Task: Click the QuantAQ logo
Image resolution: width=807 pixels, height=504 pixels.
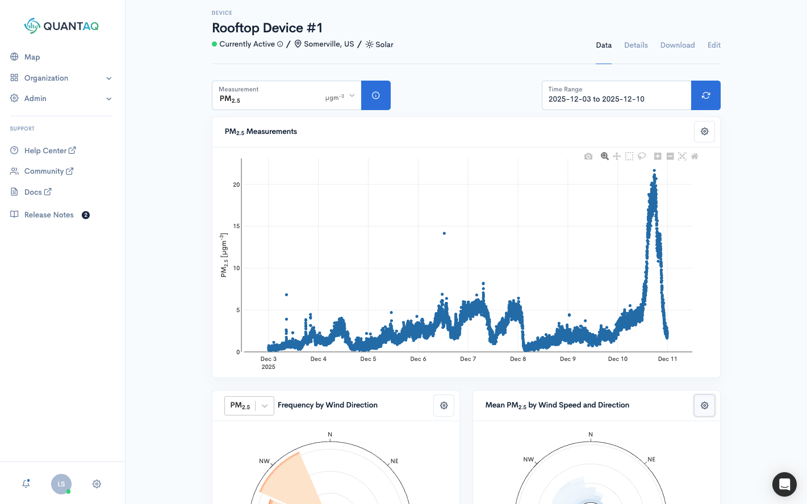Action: tap(61, 26)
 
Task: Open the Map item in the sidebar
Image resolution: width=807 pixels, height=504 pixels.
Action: tap(32, 57)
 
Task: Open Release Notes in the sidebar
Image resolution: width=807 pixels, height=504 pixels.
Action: tap(49, 215)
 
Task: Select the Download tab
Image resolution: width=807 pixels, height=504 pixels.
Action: tap(677, 45)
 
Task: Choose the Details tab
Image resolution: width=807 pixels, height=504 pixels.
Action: tap(635, 45)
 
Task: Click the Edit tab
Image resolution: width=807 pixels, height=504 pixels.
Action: tap(714, 45)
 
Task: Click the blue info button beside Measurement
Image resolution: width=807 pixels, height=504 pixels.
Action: tap(375, 95)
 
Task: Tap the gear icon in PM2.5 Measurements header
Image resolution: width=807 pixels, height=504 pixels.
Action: tap(704, 131)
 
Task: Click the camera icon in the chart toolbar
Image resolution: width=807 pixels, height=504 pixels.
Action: tap(588, 156)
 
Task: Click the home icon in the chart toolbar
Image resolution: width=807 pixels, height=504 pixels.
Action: tap(695, 156)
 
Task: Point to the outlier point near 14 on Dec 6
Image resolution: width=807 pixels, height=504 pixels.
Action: tap(444, 233)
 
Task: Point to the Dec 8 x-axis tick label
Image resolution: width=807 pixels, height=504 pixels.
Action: tap(518, 359)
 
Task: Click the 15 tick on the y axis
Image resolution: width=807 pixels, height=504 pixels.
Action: tap(236, 226)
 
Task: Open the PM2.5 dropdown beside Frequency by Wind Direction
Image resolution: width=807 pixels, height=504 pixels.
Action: tap(249, 405)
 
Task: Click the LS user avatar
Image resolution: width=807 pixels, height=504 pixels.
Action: tap(61, 484)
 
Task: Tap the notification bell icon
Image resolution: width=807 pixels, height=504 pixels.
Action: tap(26, 484)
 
